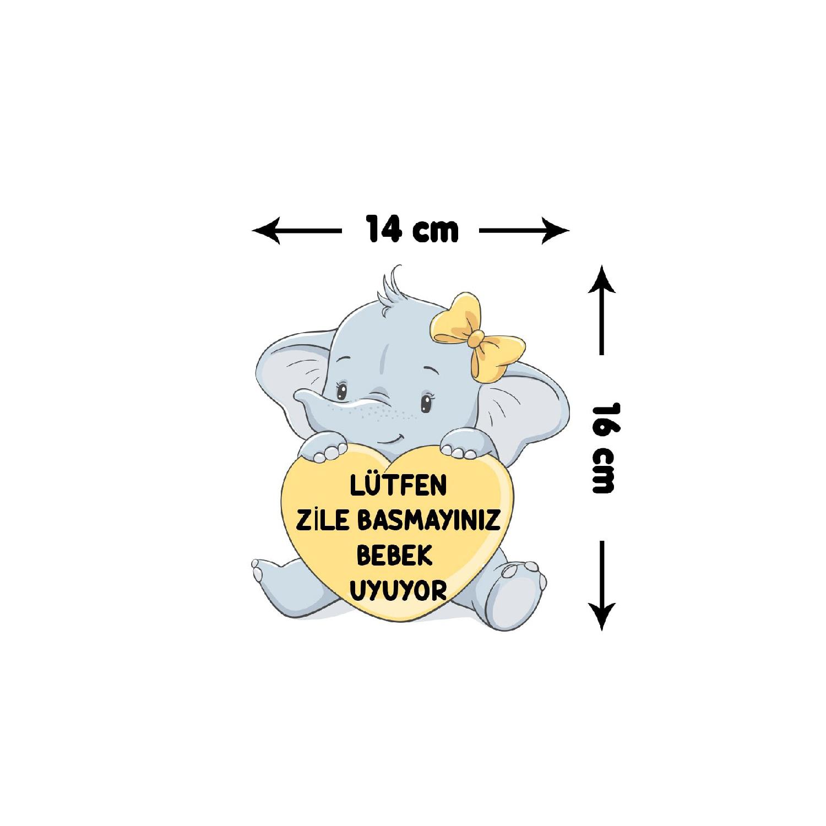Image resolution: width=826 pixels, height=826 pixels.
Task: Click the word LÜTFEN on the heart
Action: tap(398, 486)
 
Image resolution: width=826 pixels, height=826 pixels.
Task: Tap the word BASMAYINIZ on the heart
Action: tap(429, 520)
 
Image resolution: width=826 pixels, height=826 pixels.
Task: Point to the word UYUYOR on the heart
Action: tap(398, 591)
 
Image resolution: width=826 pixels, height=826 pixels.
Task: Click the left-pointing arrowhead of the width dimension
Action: tap(267, 231)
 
